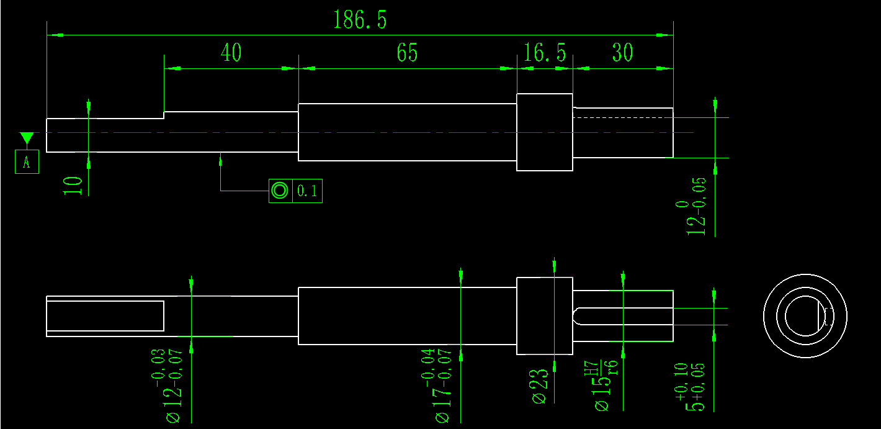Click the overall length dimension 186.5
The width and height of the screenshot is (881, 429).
click(x=360, y=20)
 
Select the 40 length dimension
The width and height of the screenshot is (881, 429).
click(x=231, y=53)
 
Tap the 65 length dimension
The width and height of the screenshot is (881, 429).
click(x=407, y=53)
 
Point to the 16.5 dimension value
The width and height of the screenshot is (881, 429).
click(x=545, y=53)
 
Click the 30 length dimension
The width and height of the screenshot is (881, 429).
click(x=622, y=53)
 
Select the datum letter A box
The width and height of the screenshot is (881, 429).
click(x=27, y=162)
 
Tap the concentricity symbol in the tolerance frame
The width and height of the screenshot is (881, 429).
click(x=280, y=191)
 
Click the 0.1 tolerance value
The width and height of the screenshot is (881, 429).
click(x=306, y=191)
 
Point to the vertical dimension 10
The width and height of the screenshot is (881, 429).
click(x=74, y=185)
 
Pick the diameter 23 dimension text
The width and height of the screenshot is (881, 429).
click(x=540, y=386)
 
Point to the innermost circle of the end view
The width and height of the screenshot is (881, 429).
click(x=805, y=315)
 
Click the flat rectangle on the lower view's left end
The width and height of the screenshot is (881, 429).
click(x=105, y=316)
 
